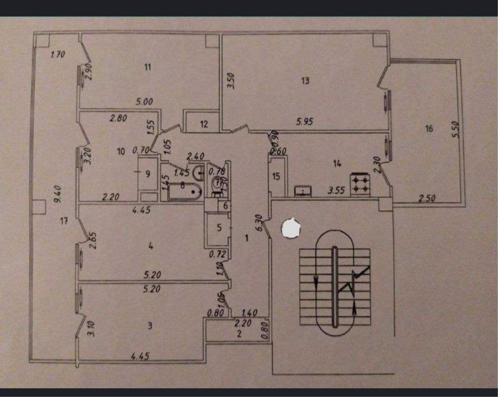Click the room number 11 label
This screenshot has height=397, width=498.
tap(147, 67)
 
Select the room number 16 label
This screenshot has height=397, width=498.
tap(428, 129)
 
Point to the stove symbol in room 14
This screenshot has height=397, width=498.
tap(360, 184)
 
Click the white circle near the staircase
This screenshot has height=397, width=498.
tap(292, 228)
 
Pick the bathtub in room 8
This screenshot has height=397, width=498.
tap(183, 192)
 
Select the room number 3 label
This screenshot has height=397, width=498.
tap(150, 326)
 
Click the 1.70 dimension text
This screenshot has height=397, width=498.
tap(58, 55)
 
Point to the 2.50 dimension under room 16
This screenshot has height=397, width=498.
tap(428, 198)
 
